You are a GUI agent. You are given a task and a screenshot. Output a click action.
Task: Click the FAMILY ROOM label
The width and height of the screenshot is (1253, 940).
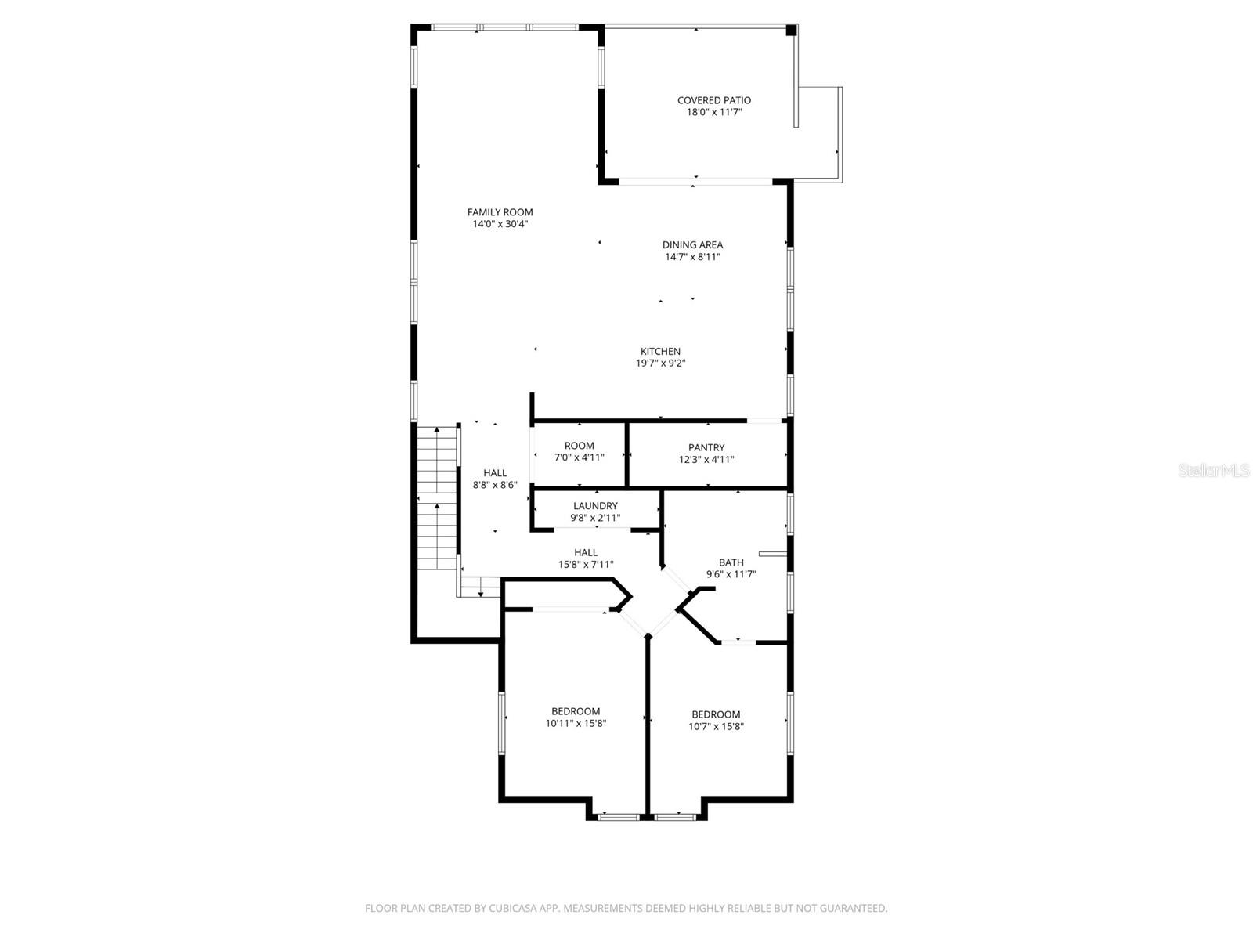[500, 212]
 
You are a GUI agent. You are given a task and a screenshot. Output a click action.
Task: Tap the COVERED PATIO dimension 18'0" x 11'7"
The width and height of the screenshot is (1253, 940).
[713, 112]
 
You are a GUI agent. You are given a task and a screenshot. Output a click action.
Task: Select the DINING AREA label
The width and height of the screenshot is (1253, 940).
[692, 245]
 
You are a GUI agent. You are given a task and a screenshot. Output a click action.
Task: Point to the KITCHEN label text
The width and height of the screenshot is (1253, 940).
[660, 352]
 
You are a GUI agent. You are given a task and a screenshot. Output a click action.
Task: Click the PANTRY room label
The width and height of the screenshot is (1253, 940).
[706, 448]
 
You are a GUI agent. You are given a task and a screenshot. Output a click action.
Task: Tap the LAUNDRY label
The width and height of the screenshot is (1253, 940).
[595, 506]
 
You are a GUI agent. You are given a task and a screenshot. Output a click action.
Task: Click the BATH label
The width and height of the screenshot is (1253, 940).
[731, 562]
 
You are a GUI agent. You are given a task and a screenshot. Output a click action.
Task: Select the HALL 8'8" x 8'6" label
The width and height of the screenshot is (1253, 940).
[495, 479]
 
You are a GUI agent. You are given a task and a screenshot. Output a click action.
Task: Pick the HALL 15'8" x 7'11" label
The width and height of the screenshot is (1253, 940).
[585, 559]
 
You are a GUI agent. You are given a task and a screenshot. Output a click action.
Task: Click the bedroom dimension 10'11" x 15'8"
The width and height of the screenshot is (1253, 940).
[576, 724]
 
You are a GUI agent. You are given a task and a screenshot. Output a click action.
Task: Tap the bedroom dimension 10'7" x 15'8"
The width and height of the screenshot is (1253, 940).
[716, 726]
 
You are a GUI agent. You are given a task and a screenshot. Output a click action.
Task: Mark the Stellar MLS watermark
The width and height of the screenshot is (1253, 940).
[1214, 471]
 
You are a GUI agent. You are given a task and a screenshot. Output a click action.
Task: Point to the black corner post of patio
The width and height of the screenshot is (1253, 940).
[791, 30]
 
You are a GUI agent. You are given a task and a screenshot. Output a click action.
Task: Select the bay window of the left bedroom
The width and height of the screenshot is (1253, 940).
[619, 817]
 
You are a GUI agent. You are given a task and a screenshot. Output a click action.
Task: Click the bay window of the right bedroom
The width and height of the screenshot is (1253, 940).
[675, 817]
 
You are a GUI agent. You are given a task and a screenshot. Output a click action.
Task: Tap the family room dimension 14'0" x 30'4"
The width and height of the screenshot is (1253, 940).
[500, 224]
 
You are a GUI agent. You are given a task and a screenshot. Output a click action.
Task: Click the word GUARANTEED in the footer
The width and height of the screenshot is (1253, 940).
[853, 909]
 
